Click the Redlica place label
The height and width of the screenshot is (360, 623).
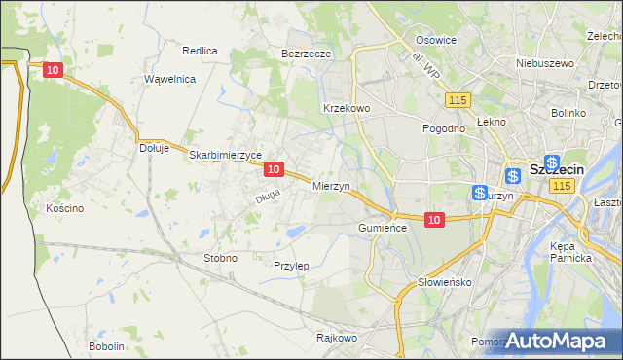[200, 51]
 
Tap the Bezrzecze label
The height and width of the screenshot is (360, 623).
[307, 54]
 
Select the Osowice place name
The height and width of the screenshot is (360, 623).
[436, 40]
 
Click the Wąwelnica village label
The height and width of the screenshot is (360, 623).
[170, 79]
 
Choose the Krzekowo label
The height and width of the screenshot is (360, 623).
[346, 108]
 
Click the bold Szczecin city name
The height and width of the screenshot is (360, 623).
[558, 170]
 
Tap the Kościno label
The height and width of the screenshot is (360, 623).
[65, 208]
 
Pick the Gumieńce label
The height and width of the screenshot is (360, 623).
[380, 226]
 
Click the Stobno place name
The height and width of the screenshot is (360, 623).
[219, 258]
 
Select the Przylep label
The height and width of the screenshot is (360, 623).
[291, 266]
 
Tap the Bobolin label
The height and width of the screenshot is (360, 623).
[106, 346]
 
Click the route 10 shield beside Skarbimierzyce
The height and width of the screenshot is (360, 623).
[274, 169]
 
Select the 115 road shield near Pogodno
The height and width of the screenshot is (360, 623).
[458, 100]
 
